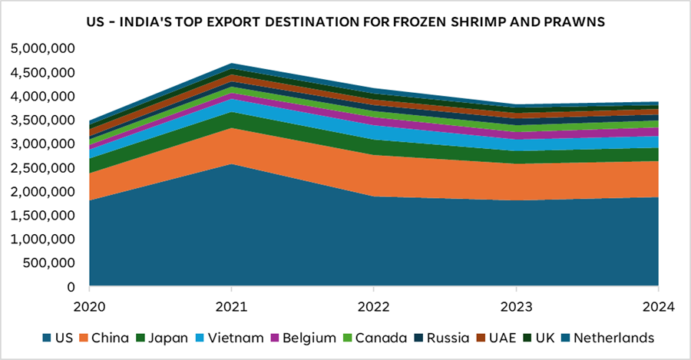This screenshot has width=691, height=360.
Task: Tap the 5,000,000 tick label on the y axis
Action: tap(42, 48)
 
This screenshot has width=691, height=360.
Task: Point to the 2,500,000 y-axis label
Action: tap(42, 168)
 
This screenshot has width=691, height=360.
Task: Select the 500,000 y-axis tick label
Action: tap(49, 263)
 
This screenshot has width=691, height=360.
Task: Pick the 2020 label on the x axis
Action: tap(90, 306)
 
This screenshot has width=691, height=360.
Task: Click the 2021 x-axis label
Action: tap(232, 306)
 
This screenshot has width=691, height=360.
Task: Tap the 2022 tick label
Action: tap(373, 306)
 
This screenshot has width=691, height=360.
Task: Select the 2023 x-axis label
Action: tap(515, 306)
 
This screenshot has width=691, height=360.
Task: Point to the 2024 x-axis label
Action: tap(657, 306)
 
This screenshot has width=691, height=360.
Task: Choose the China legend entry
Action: tap(113, 338)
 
